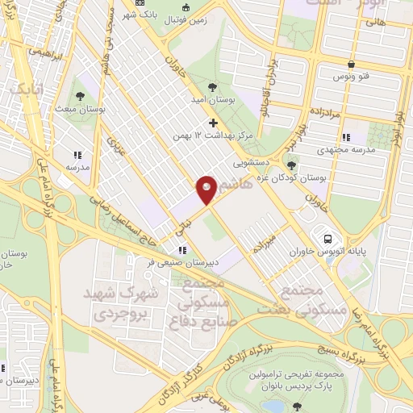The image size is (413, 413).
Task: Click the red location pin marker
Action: pyautogui.click(x=207, y=189)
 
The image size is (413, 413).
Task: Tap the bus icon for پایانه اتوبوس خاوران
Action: pyautogui.click(x=328, y=239)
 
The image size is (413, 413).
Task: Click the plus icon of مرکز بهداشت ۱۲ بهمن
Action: pyautogui.click(x=213, y=123)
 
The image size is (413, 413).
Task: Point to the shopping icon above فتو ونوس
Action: pyautogui.click(x=351, y=65)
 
